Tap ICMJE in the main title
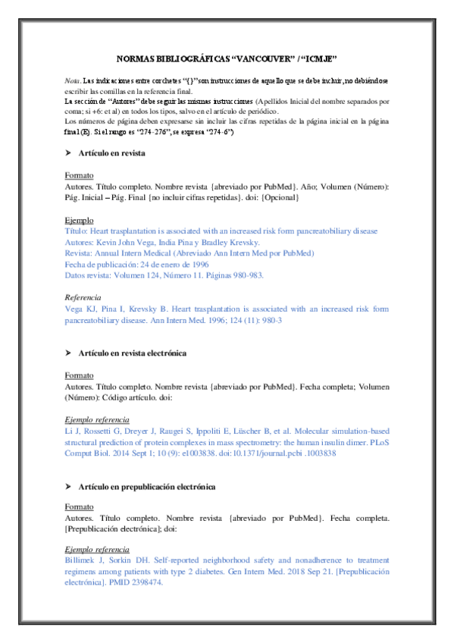coord(318,59)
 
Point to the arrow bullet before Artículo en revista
coord(69,153)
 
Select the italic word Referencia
coord(83,298)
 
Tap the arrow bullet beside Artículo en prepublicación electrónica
coord(69,486)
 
